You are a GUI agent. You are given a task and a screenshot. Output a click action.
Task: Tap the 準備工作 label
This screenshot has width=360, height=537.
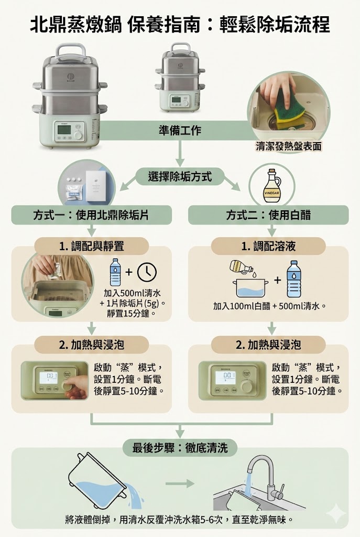[180, 130]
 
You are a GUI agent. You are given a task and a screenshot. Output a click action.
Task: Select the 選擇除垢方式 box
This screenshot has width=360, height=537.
[180, 177]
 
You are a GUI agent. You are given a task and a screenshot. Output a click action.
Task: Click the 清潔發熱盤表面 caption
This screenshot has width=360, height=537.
[288, 147]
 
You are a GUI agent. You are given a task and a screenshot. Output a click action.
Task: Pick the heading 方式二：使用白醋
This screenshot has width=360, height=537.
[268, 215]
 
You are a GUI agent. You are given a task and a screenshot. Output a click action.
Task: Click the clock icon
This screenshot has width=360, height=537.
[147, 272]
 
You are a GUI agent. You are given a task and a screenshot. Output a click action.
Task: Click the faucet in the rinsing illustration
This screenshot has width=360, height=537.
[265, 475]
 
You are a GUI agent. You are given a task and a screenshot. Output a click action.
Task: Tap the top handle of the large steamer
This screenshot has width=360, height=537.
[71, 51]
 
